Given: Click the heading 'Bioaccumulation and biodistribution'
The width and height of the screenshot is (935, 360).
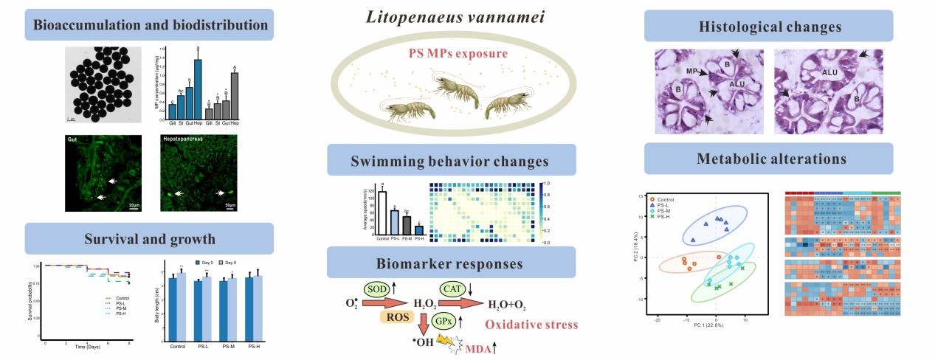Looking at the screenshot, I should point(150,24).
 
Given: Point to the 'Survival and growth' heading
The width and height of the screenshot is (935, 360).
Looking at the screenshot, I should point(150,238).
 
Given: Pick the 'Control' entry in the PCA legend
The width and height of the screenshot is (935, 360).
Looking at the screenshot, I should point(669,199).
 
